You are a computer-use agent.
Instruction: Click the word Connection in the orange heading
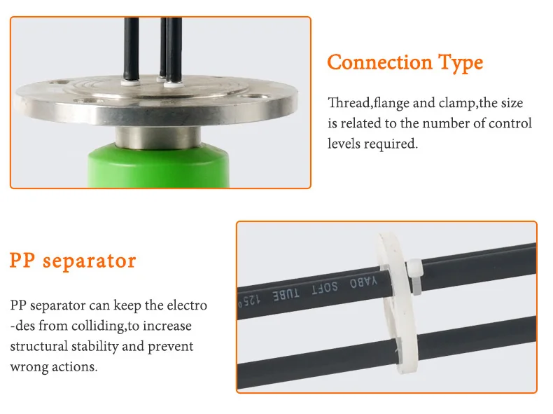(x=380, y=62)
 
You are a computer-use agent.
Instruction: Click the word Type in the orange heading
(x=461, y=64)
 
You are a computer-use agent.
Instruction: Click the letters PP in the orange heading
(x=22, y=261)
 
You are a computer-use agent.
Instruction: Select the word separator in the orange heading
(x=89, y=262)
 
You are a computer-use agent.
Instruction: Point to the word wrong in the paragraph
(x=29, y=367)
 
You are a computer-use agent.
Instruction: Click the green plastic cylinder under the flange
(x=158, y=165)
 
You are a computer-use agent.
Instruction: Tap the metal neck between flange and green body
(x=158, y=137)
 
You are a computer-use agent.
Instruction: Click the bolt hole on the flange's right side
(x=256, y=97)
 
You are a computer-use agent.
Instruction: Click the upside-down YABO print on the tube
(x=363, y=282)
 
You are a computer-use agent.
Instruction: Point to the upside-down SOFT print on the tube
(x=325, y=288)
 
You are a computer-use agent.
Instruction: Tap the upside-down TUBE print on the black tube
(x=286, y=294)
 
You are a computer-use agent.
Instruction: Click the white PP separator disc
(x=395, y=303)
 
